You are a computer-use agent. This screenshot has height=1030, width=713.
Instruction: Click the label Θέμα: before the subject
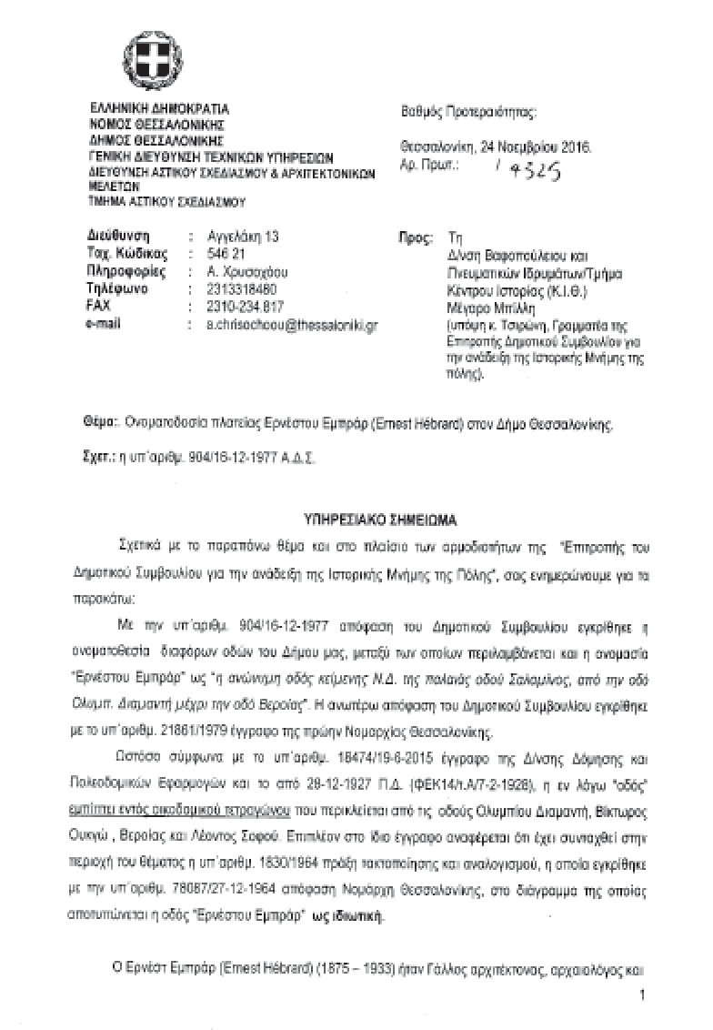(99, 424)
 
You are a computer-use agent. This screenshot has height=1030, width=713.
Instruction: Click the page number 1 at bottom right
(641, 996)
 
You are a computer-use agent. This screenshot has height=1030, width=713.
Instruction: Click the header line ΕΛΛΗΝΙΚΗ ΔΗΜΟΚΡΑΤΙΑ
(158, 109)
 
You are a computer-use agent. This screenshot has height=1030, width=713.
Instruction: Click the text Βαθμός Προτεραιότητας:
(468, 113)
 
